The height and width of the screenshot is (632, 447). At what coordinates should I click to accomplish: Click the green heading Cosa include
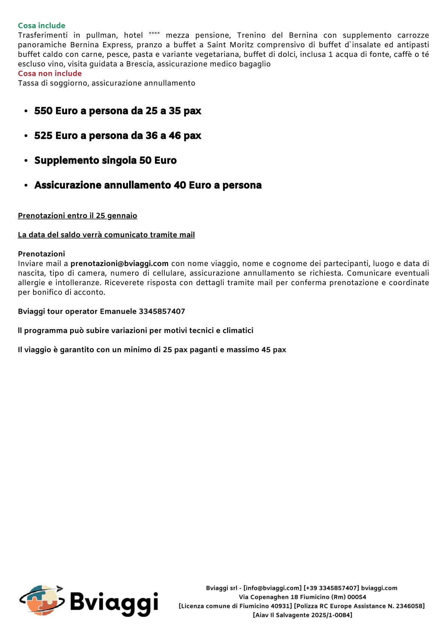[42, 26]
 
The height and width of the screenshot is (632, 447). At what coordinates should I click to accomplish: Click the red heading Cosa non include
[50, 74]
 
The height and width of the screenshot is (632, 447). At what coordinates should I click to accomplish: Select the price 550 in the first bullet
[43, 111]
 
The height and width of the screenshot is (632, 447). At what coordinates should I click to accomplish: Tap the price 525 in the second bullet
[43, 136]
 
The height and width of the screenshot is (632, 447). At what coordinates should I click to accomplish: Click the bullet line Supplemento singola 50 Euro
[105, 161]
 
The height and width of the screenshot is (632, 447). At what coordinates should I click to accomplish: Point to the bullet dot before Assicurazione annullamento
[26, 185]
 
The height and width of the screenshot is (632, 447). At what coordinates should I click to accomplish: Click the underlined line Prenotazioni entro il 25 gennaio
[77, 216]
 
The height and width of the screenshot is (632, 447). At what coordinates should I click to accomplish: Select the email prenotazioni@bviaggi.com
[119, 263]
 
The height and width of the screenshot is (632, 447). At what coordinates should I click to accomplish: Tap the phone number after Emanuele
[162, 311]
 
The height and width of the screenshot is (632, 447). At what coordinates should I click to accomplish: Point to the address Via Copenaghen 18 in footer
[268, 597]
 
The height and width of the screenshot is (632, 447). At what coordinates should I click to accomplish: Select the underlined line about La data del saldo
[106, 235]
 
